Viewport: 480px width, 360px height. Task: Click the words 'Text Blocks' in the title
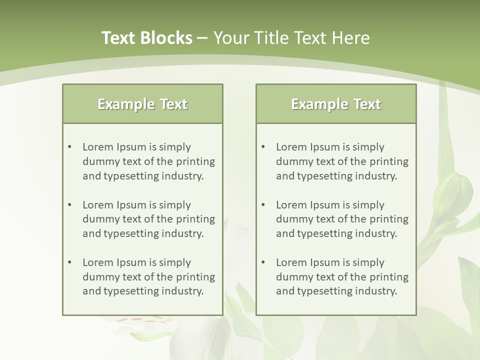pos(146,38)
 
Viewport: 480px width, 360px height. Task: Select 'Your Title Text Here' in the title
pos(291,38)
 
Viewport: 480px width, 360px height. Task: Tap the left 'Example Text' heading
pos(142,104)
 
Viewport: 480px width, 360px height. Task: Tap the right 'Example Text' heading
pos(336,104)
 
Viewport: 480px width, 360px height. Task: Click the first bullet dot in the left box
pos(70,147)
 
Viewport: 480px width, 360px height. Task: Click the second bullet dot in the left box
pos(70,205)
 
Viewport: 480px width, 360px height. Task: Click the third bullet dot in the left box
pos(70,262)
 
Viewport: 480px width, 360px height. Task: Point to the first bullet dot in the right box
pos(263,147)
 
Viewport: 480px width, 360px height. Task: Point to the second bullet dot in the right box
pos(263,205)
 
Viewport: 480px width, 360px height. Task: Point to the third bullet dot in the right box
pos(263,262)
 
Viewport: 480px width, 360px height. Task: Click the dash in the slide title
pos(202,38)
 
